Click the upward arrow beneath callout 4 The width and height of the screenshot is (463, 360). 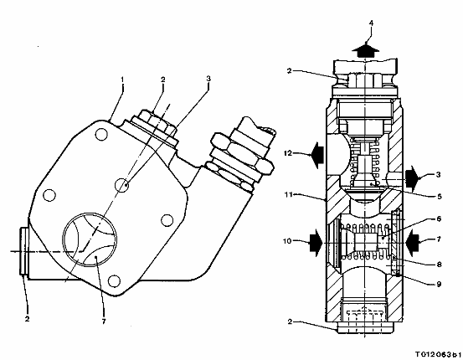click(366, 50)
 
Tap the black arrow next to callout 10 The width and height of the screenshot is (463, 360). click(316, 243)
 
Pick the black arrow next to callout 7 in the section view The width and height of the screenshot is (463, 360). click(413, 243)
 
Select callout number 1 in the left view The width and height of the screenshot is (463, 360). click(122, 80)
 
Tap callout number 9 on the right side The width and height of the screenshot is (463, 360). click(439, 284)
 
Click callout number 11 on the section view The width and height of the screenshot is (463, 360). click(289, 194)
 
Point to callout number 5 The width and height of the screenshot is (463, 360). click(440, 197)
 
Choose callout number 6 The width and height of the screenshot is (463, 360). click(439, 219)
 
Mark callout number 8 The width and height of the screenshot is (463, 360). click(439, 265)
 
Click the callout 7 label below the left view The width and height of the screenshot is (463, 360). click(104, 321)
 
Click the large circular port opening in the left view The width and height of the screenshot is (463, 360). click(64, 239)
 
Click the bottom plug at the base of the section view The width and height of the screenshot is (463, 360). click(366, 327)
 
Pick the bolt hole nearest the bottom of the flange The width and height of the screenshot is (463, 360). click(114, 280)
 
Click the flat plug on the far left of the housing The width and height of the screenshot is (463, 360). click(23, 251)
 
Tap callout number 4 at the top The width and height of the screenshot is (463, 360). click(371, 23)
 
